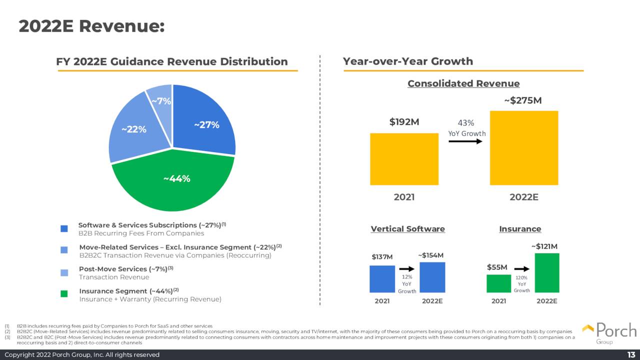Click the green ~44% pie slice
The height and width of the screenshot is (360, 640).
[x=172, y=190]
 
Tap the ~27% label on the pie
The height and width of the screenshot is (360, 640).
[x=206, y=125]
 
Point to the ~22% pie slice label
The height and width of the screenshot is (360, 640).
[x=134, y=129]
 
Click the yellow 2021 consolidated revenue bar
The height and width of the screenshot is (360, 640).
[x=404, y=159]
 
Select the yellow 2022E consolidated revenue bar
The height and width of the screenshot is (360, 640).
[x=524, y=148]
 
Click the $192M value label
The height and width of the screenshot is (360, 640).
[x=404, y=122]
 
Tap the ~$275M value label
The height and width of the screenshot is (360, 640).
[x=522, y=100]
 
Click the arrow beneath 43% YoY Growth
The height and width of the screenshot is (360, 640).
[x=465, y=141]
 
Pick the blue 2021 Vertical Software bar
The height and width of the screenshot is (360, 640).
[x=382, y=279]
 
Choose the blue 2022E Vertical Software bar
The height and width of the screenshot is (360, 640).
[x=432, y=277]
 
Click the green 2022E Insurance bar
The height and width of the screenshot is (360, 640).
[x=547, y=273]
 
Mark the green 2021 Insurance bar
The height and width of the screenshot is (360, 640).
[x=498, y=283]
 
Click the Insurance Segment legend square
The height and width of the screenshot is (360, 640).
[x=64, y=294]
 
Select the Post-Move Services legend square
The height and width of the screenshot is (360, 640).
[x=64, y=272]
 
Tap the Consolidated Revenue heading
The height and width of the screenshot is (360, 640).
[x=463, y=83]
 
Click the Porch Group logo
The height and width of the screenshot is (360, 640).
[x=609, y=333]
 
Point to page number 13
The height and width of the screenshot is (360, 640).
[x=631, y=354]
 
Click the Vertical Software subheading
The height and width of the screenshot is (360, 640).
[x=407, y=229]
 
